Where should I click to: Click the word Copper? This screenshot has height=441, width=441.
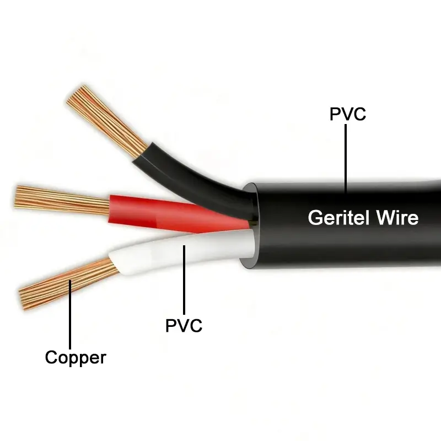pyautogui.click(x=75, y=358)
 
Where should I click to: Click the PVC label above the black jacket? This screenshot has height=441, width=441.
pyautogui.click(x=347, y=114)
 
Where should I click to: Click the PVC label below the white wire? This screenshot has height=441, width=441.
pyautogui.click(x=184, y=325)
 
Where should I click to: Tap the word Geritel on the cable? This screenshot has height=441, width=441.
pyautogui.click(x=337, y=217)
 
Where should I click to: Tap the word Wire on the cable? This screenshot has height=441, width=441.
pyautogui.click(x=397, y=217)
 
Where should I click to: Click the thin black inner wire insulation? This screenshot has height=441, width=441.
pyautogui.click(x=187, y=171)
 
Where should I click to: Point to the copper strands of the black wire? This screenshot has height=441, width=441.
pyautogui.click(x=107, y=119)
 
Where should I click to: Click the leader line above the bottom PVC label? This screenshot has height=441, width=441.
pyautogui.click(x=184, y=281)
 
